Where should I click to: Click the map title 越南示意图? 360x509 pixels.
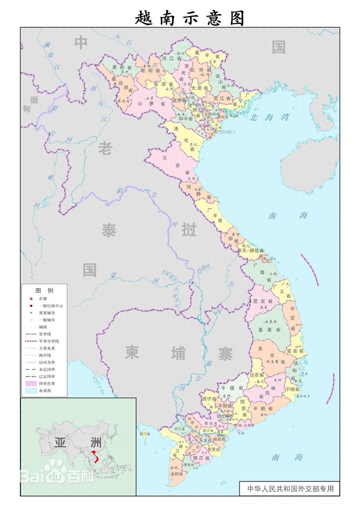(x=190, y=18)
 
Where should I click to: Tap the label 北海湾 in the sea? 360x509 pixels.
(x=269, y=117)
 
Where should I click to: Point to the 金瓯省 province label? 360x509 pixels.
(x=177, y=474)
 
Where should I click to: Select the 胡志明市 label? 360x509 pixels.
(x=225, y=416)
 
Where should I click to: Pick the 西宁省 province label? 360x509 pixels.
(x=210, y=399)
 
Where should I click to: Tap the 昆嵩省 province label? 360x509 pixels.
(x=263, y=301)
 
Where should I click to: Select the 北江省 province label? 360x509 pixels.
(x=222, y=98)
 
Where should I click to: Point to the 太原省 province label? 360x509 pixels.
(x=200, y=88)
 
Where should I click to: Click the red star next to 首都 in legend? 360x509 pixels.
(x=31, y=299)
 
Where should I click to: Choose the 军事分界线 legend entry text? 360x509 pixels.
(x=49, y=341)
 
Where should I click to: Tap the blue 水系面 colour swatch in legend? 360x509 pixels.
(x=31, y=391)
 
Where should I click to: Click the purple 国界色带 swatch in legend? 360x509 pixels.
(x=31, y=384)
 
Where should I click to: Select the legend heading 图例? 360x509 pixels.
(x=44, y=290)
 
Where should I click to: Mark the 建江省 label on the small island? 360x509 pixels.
(x=145, y=434)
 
